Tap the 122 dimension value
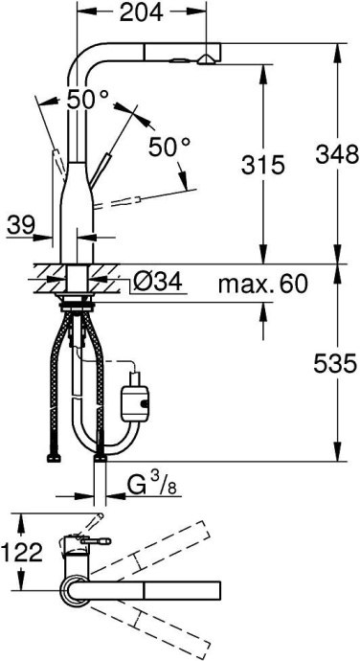22,552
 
